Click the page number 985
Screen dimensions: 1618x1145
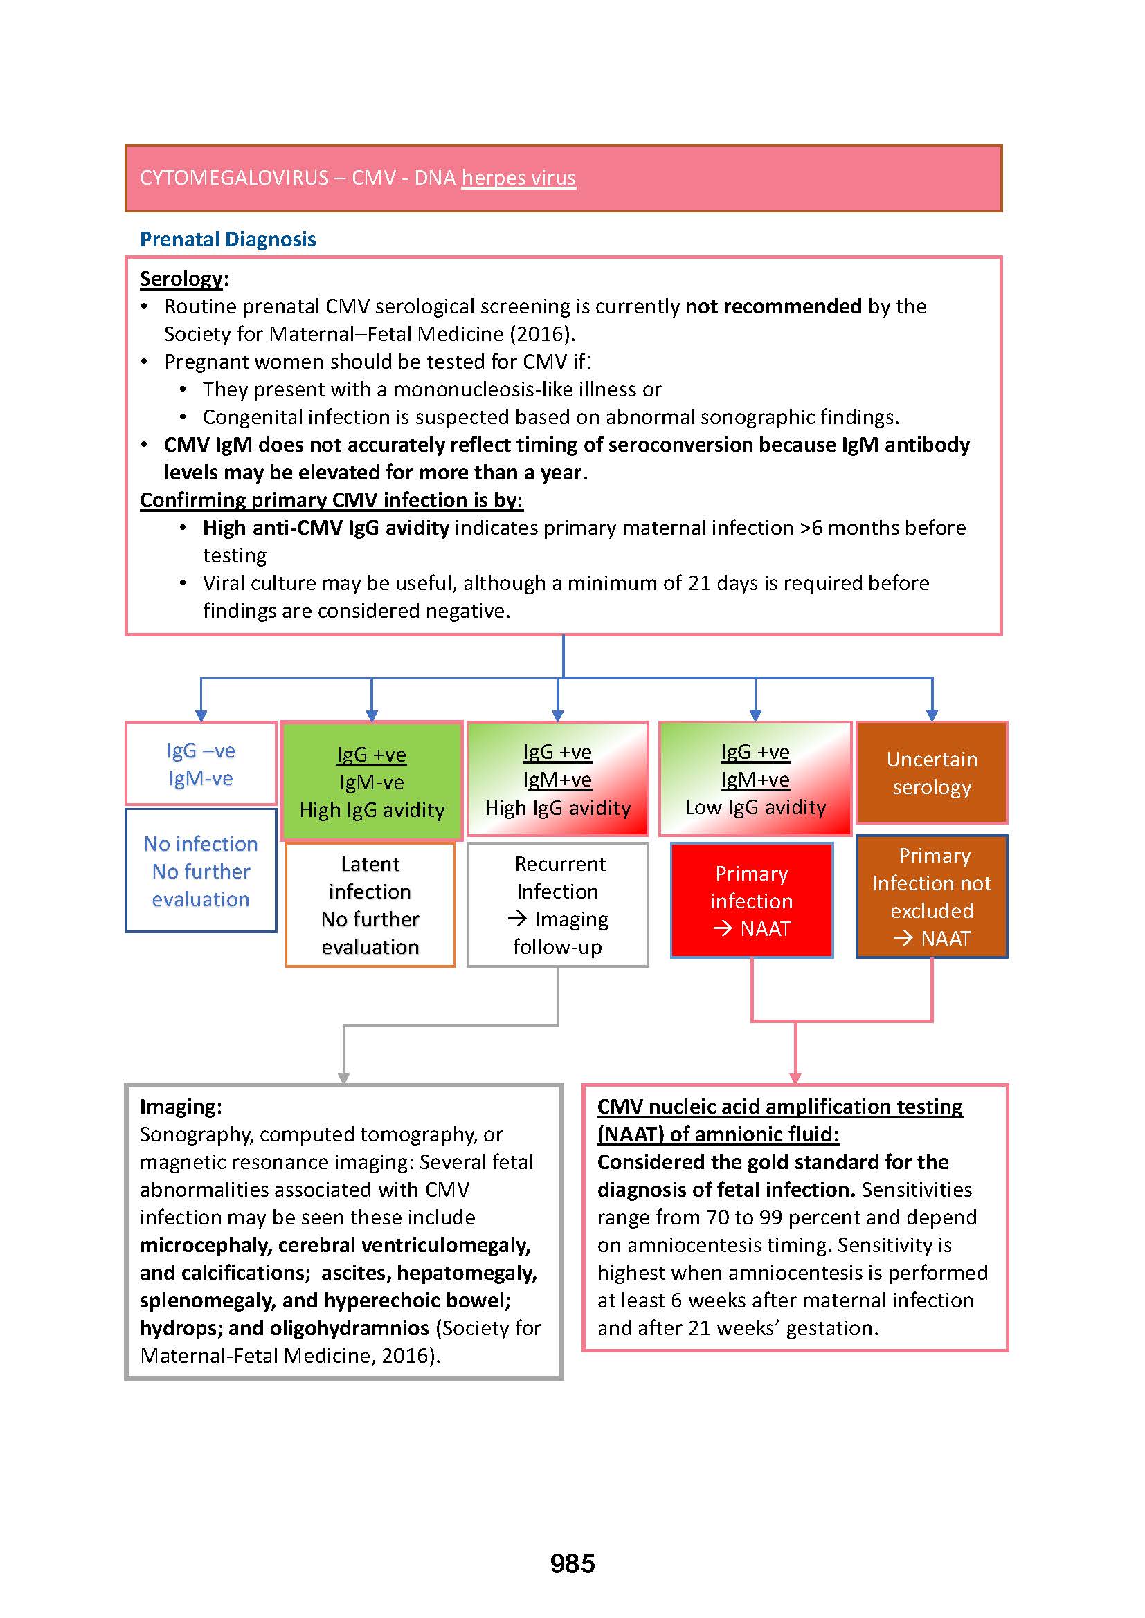pyautogui.click(x=572, y=1563)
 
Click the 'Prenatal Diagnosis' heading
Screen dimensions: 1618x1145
pyautogui.click(x=228, y=239)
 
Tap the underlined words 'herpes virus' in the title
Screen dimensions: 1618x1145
pyautogui.click(x=519, y=178)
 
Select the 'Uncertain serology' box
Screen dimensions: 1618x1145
pyautogui.click(x=931, y=773)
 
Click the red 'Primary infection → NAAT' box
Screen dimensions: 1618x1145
pyautogui.click(x=752, y=901)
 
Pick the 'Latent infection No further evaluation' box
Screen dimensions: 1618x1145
pyautogui.click(x=370, y=905)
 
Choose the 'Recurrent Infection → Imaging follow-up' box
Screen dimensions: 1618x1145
pyautogui.click(x=558, y=905)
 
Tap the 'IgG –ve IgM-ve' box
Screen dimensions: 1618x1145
pyautogui.click(x=201, y=764)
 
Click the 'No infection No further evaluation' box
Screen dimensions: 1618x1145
pyautogui.click(x=201, y=871)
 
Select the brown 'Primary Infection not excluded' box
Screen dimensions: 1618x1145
pyautogui.click(x=931, y=897)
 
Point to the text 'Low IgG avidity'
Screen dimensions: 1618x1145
pyautogui.click(x=755, y=807)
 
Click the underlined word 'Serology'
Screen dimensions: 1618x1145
pyautogui.click(x=181, y=279)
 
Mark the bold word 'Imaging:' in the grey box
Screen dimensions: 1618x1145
pyautogui.click(x=181, y=1106)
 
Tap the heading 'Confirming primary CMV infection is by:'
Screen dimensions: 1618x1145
pyautogui.click(x=332, y=500)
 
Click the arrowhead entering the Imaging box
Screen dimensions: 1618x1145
pyautogui.click(x=343, y=1078)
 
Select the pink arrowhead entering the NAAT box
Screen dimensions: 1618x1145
pyautogui.click(x=795, y=1078)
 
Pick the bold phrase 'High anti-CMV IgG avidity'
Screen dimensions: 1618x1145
pyautogui.click(x=326, y=528)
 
